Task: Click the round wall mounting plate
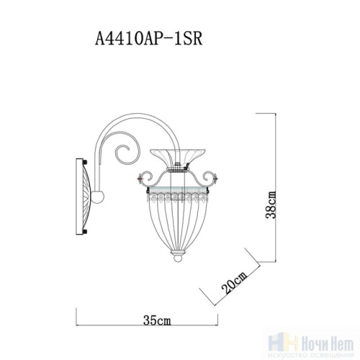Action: point(85,195)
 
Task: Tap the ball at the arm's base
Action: point(99,194)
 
